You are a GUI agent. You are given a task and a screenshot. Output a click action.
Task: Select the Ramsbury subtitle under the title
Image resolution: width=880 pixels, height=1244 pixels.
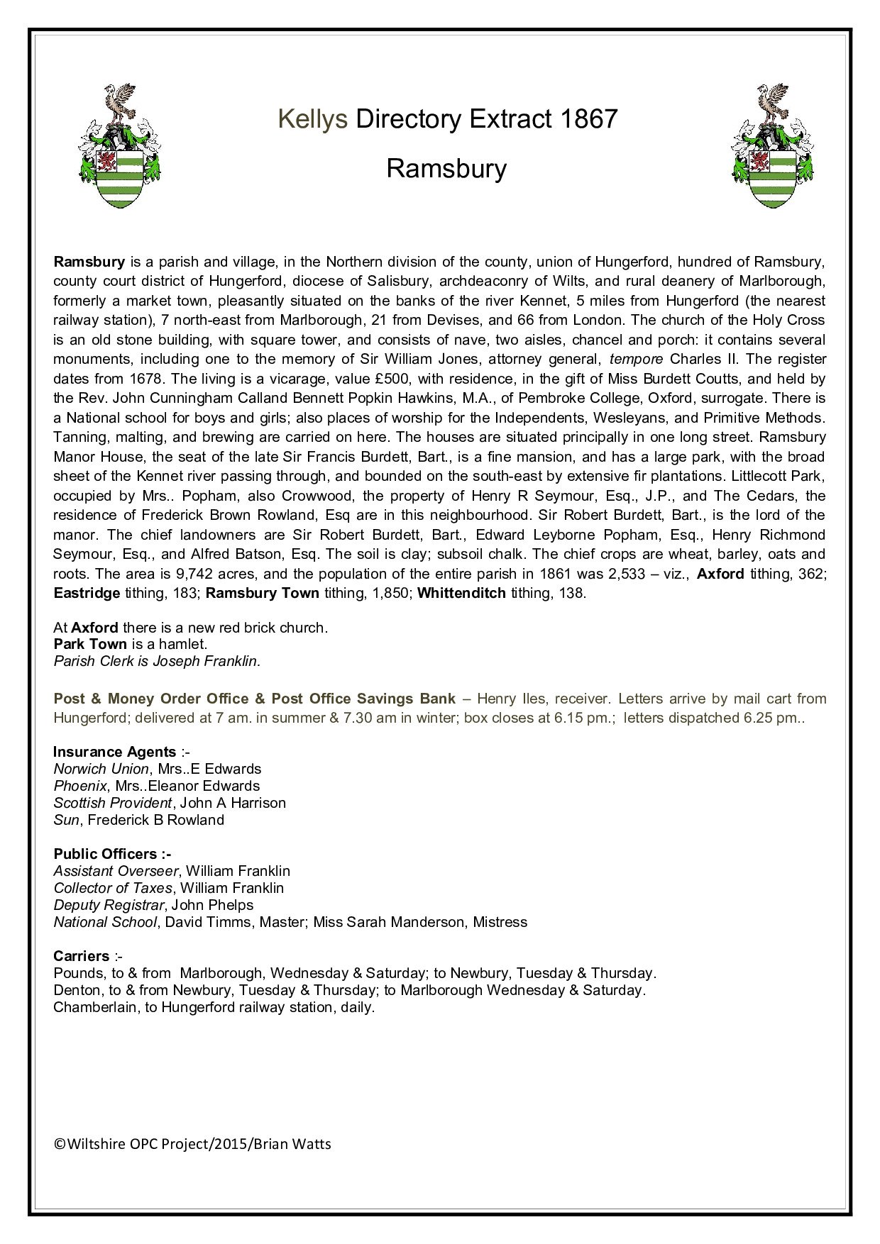(x=446, y=169)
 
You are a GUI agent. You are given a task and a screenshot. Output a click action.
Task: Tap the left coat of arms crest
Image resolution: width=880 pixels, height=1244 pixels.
(x=119, y=146)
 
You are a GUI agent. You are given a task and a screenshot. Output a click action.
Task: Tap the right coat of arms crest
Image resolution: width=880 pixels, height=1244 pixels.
(x=773, y=146)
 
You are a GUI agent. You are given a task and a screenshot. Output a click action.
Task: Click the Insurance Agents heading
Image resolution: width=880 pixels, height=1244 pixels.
(x=115, y=752)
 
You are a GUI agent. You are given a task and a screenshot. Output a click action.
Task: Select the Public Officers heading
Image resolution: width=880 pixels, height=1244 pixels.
(x=111, y=854)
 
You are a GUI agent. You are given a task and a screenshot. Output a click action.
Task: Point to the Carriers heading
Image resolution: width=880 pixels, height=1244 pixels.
(x=82, y=956)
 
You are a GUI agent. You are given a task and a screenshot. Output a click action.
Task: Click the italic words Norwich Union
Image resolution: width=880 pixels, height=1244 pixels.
(x=101, y=769)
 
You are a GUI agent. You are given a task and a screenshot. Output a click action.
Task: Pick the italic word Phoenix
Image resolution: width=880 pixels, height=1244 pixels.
(x=80, y=786)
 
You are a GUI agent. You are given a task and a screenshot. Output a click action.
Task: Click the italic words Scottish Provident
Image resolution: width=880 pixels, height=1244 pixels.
(x=113, y=803)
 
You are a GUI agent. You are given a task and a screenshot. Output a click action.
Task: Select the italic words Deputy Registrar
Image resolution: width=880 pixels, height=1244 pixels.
(x=109, y=905)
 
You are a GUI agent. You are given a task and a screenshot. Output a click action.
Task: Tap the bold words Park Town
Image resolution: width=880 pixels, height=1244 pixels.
(x=90, y=644)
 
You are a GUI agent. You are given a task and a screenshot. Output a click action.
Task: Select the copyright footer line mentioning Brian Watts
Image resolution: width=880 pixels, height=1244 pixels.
(x=192, y=1144)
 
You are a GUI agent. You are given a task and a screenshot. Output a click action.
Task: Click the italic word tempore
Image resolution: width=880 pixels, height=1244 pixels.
(x=636, y=359)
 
